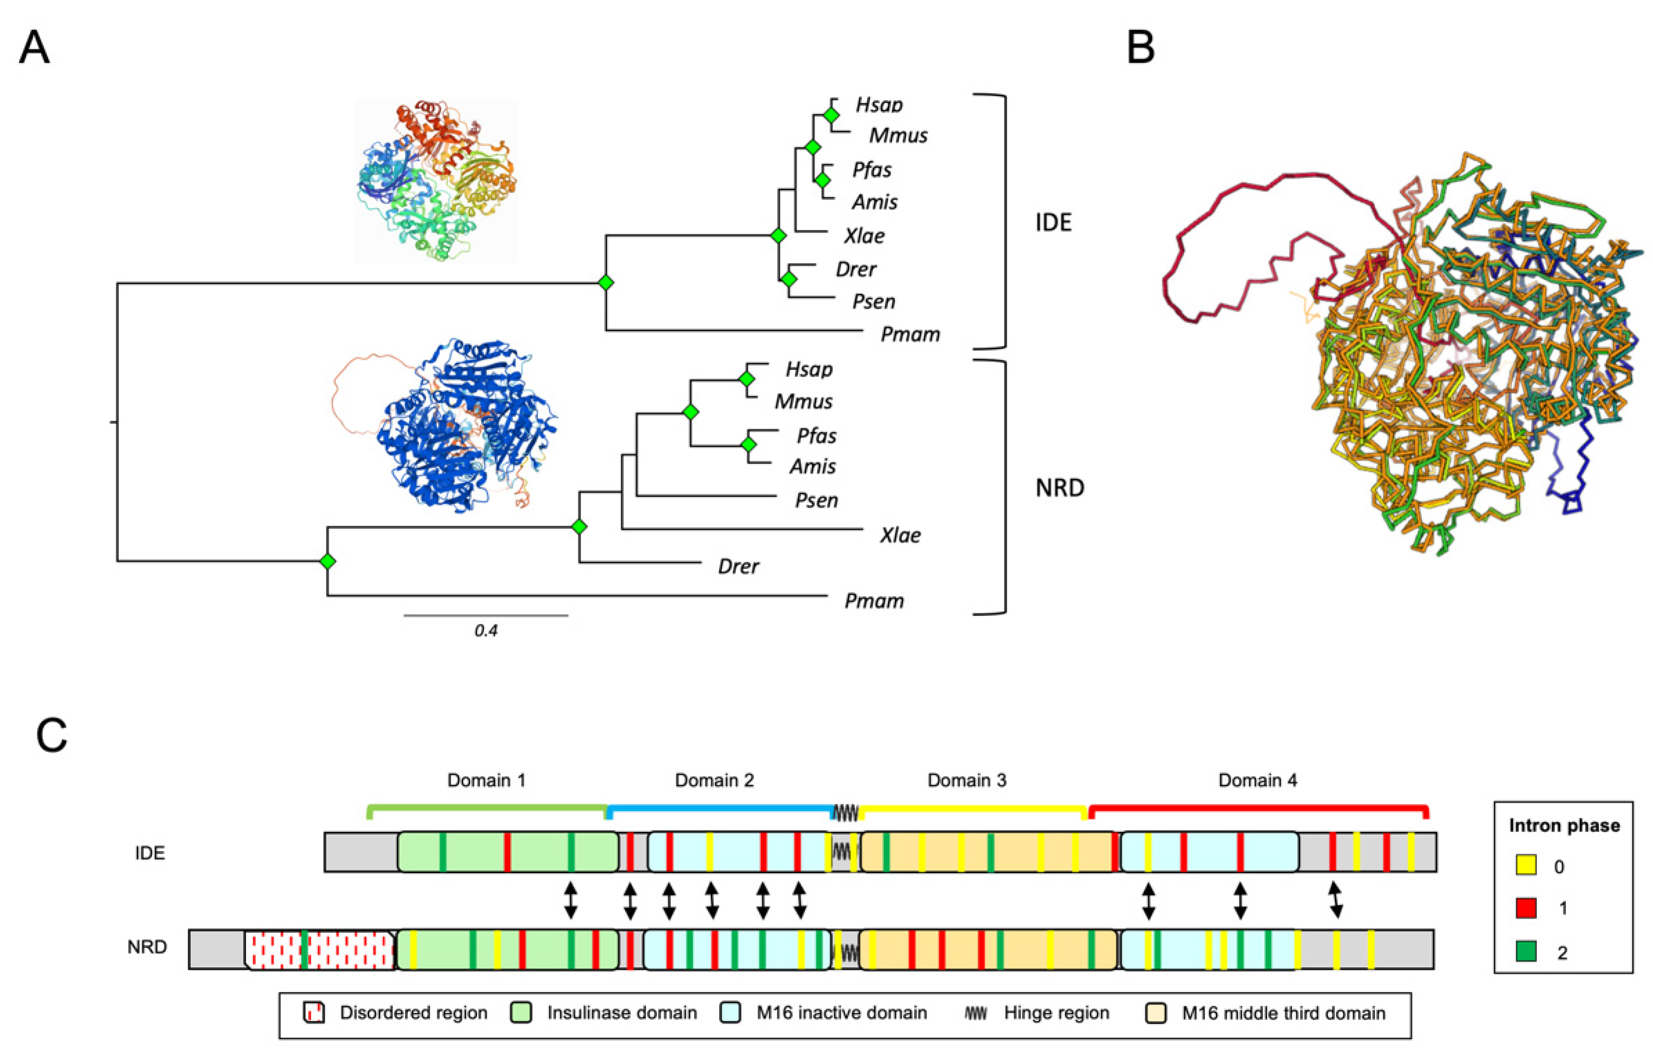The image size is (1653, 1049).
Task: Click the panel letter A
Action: (34, 48)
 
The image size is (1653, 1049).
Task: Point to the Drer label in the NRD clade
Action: (738, 567)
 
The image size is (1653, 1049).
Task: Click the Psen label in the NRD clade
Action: (816, 500)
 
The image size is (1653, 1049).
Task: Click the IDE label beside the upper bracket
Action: (1053, 222)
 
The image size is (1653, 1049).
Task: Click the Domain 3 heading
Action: (967, 780)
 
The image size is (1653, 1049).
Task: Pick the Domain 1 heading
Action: (486, 780)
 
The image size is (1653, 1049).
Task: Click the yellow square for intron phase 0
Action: (1525, 866)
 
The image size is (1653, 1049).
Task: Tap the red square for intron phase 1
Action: (1525, 909)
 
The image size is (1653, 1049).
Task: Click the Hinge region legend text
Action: (1056, 1013)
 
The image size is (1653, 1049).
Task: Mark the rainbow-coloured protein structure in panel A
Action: (436, 181)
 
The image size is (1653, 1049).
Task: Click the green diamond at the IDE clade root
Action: (605, 282)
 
